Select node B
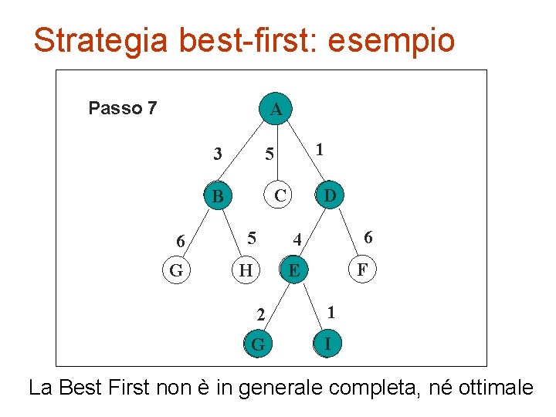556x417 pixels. click(218, 197)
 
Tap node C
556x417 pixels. click(280, 196)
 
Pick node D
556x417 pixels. click(330, 195)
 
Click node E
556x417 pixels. click(293, 270)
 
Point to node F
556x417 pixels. click(361, 270)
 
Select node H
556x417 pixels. click(246, 270)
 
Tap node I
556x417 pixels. click(328, 343)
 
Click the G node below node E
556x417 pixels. click(258, 344)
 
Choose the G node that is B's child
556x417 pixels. click(176, 270)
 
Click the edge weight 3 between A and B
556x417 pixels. click(218, 154)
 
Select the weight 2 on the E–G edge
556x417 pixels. click(261, 314)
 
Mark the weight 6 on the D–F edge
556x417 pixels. click(368, 237)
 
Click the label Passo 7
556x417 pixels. click(123, 108)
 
